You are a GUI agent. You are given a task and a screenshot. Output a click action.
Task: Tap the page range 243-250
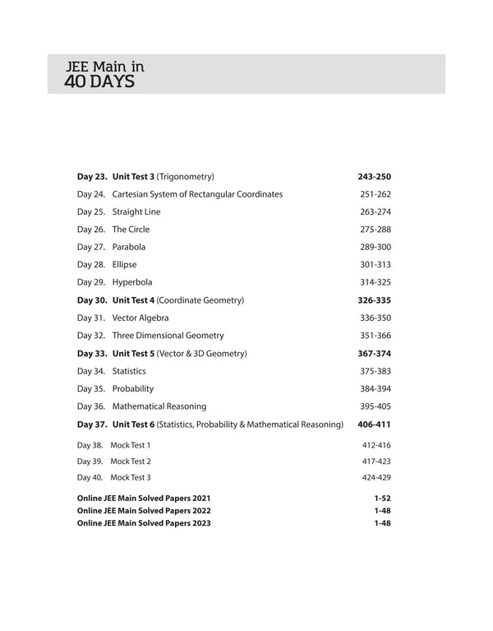pyautogui.click(x=374, y=177)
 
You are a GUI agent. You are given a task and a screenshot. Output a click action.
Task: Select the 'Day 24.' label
pyautogui.click(x=91, y=194)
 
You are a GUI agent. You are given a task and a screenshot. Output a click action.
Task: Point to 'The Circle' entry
pyautogui.click(x=131, y=230)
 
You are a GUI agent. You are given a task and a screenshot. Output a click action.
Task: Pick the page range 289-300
pyautogui.click(x=375, y=247)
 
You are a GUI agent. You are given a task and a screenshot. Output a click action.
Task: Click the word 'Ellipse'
pyautogui.click(x=125, y=265)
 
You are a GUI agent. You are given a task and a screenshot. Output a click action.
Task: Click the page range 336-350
pyautogui.click(x=375, y=318)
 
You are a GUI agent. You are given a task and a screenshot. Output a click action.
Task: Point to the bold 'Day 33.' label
pyautogui.click(x=92, y=354)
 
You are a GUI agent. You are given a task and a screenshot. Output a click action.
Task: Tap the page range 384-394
pyautogui.click(x=375, y=388)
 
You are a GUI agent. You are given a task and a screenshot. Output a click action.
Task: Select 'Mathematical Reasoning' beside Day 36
pyautogui.click(x=159, y=406)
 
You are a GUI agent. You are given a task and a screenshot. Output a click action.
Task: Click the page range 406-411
pyautogui.click(x=374, y=425)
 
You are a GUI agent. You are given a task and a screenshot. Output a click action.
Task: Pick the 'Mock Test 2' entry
pyautogui.click(x=131, y=462)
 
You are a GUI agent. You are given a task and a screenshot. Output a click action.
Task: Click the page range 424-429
pyautogui.click(x=376, y=478)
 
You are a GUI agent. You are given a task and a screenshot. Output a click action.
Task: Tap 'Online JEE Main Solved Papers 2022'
pyautogui.click(x=144, y=510)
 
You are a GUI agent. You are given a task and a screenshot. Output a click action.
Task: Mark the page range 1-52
pyautogui.click(x=381, y=499)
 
